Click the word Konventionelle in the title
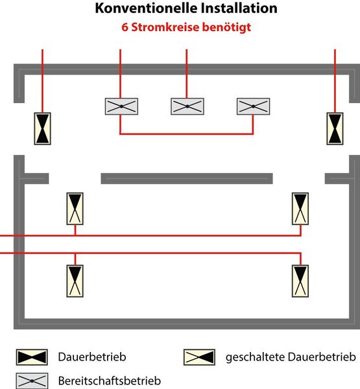147,8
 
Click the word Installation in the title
239,8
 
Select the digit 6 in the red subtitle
125,27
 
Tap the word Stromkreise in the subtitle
165,27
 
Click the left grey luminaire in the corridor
121,106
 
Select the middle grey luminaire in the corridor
187,106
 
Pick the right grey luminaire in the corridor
253,106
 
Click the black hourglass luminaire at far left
42,128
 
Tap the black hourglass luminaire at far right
335,128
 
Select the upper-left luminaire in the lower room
75,209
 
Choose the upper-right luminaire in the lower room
300,209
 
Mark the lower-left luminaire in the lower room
75,281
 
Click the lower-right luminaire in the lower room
300,281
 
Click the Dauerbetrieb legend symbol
32,357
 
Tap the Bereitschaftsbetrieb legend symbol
32,381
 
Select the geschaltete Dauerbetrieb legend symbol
199,357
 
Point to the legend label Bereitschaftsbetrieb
110,381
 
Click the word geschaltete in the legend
256,357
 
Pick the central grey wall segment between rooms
187,179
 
